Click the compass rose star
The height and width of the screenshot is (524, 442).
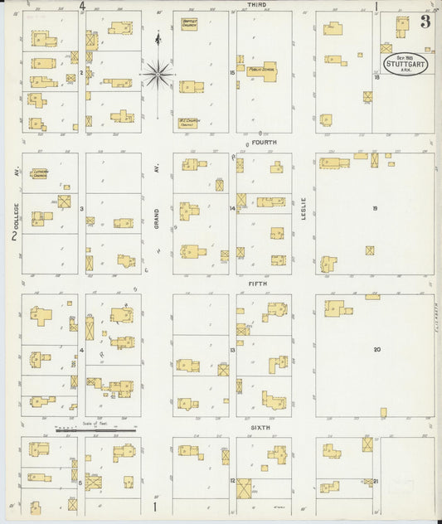[158, 75]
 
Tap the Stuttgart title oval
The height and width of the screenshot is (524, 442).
[405, 65]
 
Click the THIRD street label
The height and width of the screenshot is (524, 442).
[257, 5]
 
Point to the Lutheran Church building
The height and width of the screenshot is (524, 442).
[39, 174]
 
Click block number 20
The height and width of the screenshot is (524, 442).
[376, 350]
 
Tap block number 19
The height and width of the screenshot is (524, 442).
[375, 209]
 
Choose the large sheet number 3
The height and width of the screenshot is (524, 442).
[425, 22]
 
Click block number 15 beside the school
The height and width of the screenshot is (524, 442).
[233, 73]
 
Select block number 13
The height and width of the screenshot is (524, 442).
[233, 351]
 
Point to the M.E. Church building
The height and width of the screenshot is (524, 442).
[190, 123]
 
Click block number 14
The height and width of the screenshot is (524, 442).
[233, 209]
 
